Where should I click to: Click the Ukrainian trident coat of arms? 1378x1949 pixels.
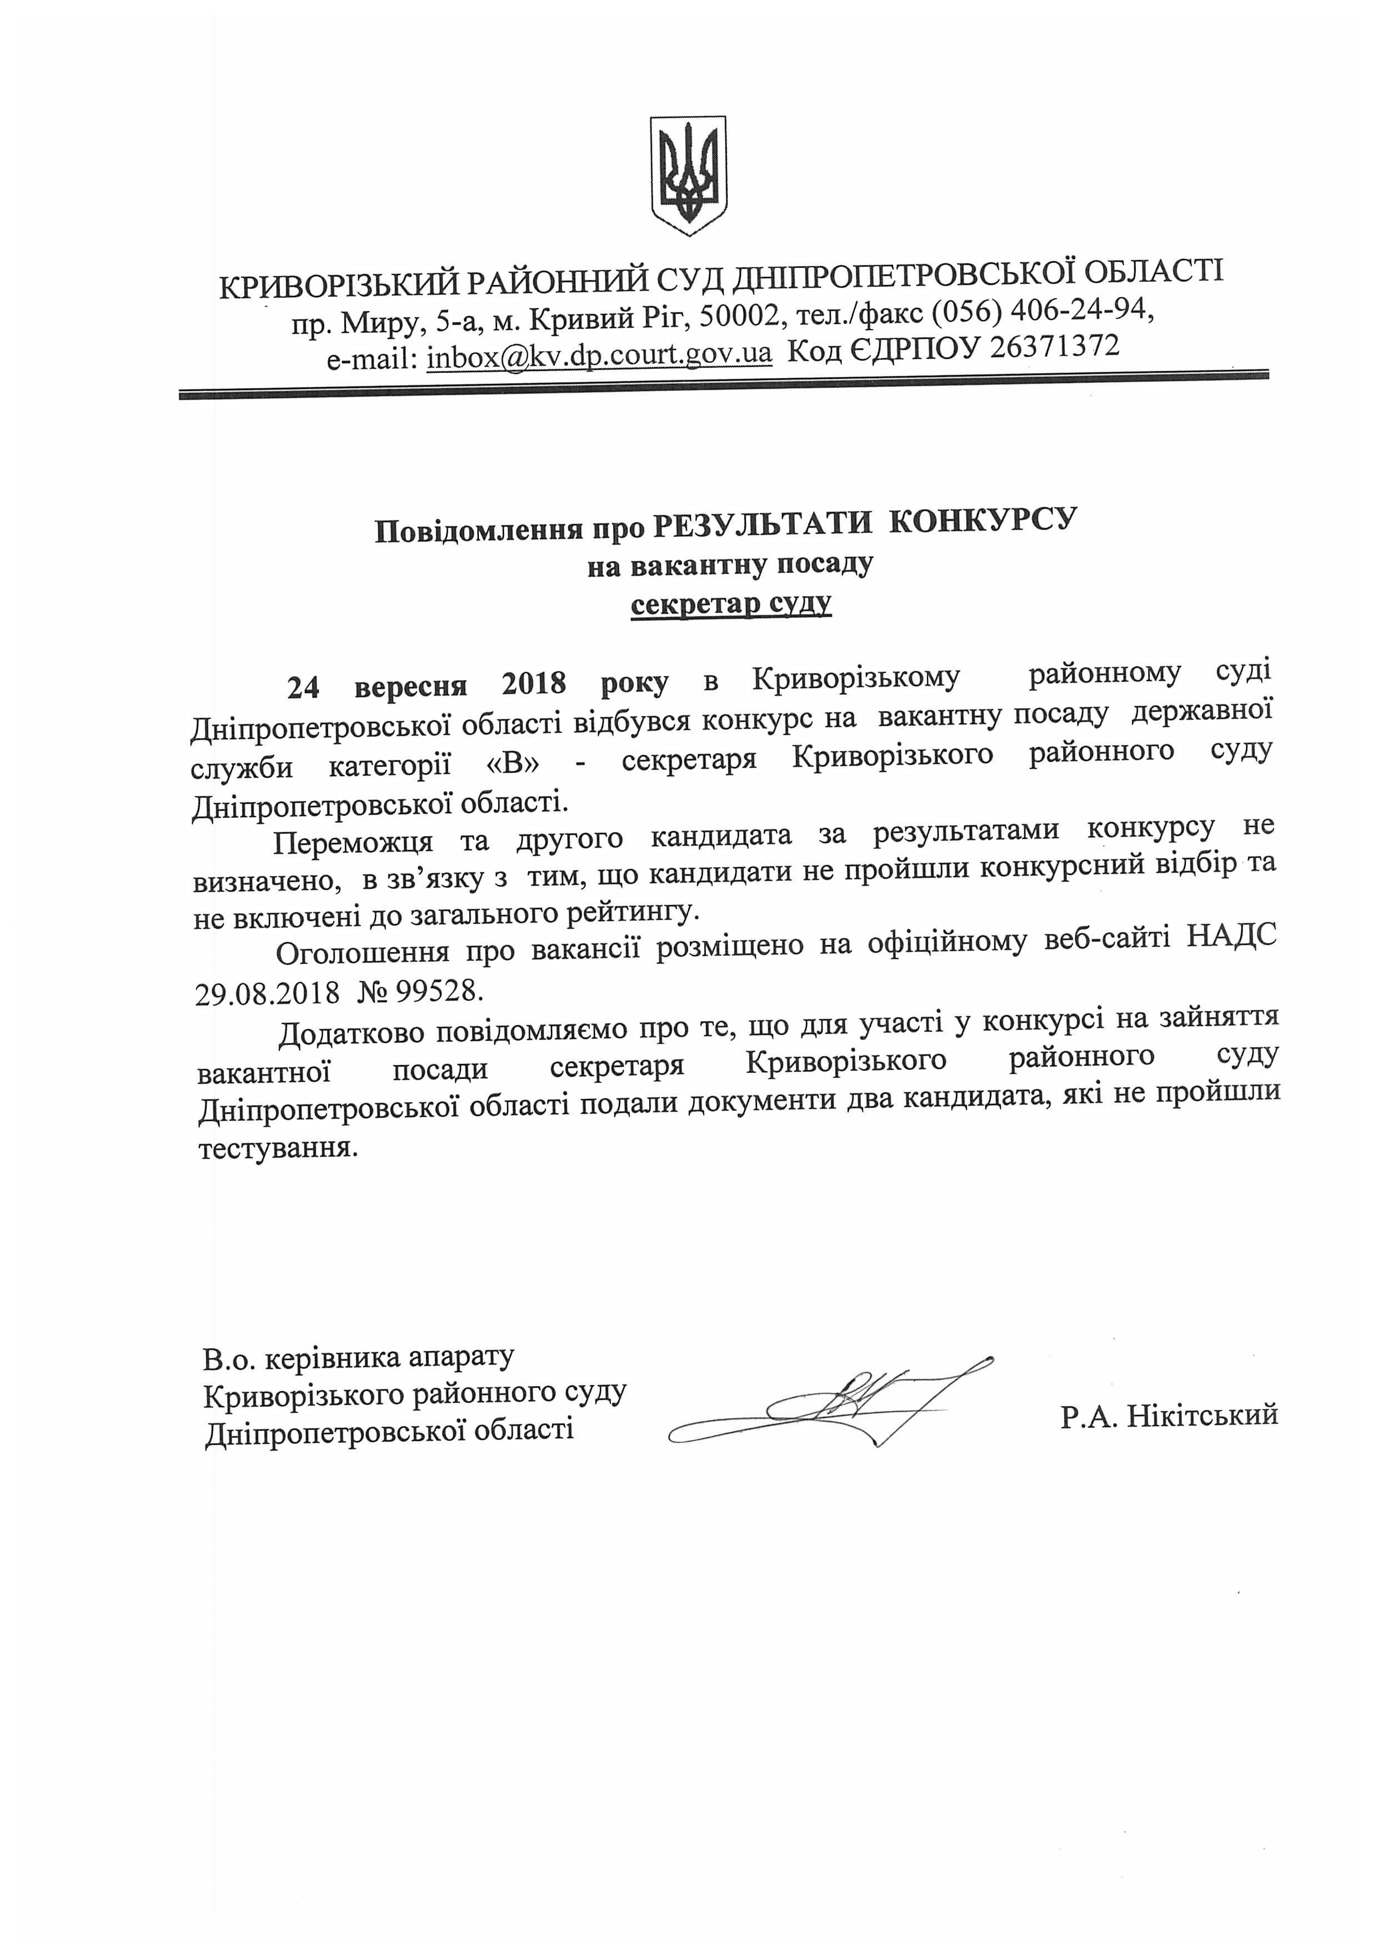688,175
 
